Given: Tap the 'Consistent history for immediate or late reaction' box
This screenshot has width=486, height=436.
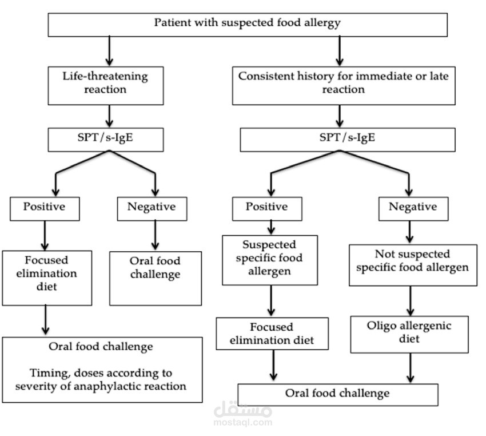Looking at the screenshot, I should [x=344, y=83].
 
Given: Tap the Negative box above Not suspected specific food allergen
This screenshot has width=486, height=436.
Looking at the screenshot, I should [x=412, y=207].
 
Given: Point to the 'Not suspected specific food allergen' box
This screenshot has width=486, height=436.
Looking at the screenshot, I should [x=412, y=261].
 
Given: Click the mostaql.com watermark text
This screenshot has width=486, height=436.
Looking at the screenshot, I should [x=242, y=423].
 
